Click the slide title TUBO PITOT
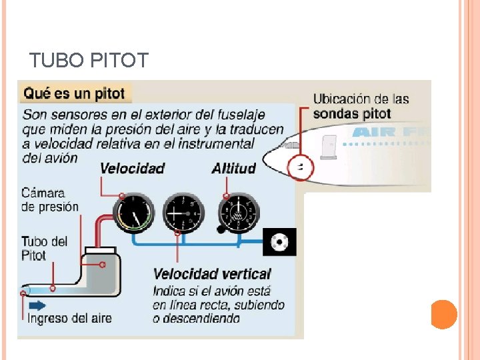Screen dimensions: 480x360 [x=89, y=61]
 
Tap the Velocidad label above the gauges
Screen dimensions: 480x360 [x=132, y=168]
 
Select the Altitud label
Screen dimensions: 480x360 [x=233, y=168]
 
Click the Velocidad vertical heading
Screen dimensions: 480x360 [x=212, y=274]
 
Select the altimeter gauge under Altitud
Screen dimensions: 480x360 [x=238, y=213]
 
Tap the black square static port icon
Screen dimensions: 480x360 [x=279, y=242]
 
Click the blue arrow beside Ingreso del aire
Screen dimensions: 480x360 [x=37, y=305]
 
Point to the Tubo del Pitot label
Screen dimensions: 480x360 [x=44, y=247]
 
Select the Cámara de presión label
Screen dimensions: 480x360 [x=49, y=200]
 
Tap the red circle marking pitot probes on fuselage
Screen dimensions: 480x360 [x=301, y=167]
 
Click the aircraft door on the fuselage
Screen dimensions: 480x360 [x=327, y=147]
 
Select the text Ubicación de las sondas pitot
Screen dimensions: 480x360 [x=361, y=107]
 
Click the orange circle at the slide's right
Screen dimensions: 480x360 [x=443, y=314]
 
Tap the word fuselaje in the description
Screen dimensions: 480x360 [x=241, y=115]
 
